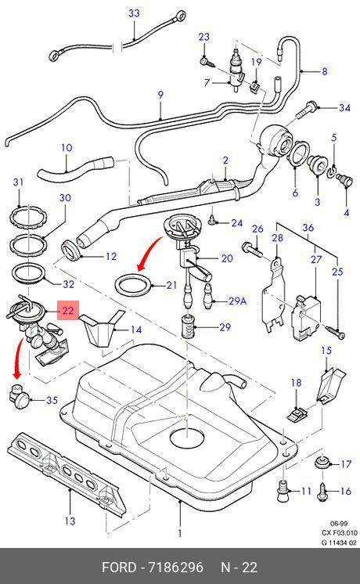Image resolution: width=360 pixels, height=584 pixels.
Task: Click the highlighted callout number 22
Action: (x=67, y=310)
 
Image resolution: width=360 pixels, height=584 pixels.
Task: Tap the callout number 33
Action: (x=134, y=13)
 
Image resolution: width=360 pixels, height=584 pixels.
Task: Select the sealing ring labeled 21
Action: (x=134, y=284)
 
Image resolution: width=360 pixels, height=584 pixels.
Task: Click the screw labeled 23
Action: (x=207, y=62)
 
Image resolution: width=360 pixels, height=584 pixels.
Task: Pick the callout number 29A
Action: (x=237, y=301)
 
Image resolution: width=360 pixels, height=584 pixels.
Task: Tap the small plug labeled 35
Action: (x=20, y=396)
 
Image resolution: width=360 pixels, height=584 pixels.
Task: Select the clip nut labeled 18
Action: (x=297, y=414)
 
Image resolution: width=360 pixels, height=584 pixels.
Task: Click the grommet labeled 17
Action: (x=322, y=462)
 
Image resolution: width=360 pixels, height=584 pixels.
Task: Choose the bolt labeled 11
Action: (x=283, y=491)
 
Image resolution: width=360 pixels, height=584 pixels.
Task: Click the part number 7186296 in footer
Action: (x=176, y=568)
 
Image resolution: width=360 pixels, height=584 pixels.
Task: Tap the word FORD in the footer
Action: (x=119, y=568)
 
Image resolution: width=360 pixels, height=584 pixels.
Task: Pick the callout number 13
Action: (x=70, y=521)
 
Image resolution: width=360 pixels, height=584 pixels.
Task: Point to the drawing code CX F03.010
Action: (x=339, y=533)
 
